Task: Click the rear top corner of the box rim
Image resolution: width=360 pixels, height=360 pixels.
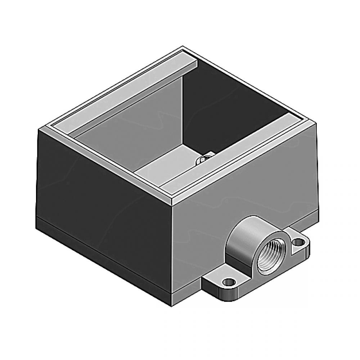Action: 183,47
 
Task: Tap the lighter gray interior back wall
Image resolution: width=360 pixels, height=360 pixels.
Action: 144,119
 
